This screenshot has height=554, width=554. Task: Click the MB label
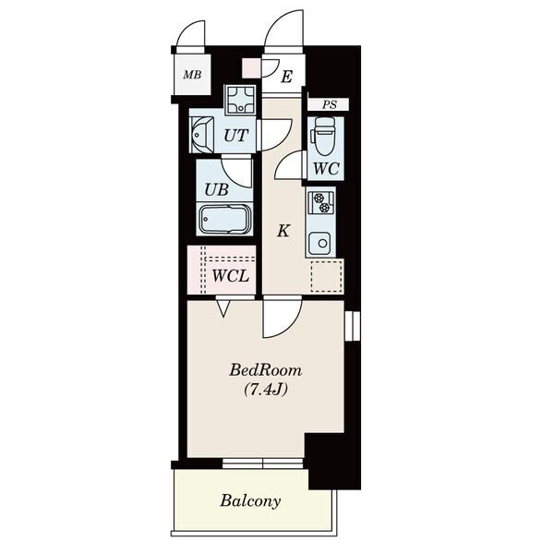tap(192, 75)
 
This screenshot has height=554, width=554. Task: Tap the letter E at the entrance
tap(286, 77)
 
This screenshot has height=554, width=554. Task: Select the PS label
tap(330, 104)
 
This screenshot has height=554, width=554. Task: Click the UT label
tap(236, 136)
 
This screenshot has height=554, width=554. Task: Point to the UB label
tap(217, 189)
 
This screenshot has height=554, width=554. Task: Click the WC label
tap(326, 169)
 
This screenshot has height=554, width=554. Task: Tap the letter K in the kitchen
tap(283, 231)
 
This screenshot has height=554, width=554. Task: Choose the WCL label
tap(230, 276)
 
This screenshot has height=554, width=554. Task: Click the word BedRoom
tap(266, 370)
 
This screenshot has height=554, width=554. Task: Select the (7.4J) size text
tap(265, 390)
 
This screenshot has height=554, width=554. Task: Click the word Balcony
tap(250, 500)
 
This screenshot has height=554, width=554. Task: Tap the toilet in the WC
tap(322, 136)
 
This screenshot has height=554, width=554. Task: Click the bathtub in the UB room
tap(224, 220)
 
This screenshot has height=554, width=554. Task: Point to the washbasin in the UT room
tap(201, 136)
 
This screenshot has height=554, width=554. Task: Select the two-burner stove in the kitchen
tap(321, 203)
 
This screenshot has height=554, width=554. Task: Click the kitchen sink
tap(319, 244)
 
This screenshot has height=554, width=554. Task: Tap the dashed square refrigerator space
tap(327, 277)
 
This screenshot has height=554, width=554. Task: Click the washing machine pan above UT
tap(240, 100)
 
